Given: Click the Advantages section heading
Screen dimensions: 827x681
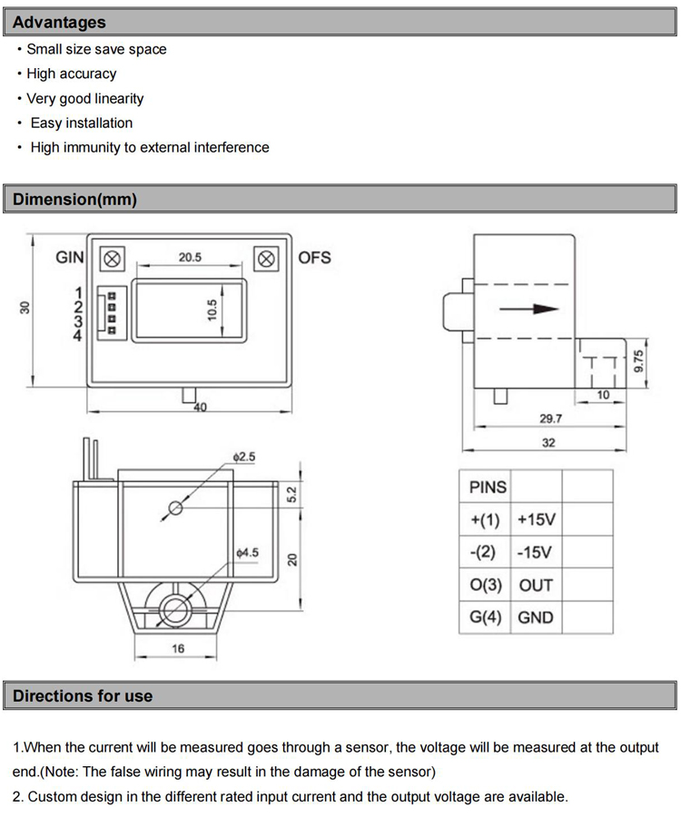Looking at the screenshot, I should click(x=59, y=23).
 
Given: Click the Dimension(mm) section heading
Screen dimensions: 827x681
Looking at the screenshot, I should click(x=74, y=200).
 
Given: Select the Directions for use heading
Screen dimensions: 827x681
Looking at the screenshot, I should click(x=83, y=696).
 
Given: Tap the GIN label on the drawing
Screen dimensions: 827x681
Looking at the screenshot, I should click(x=70, y=258).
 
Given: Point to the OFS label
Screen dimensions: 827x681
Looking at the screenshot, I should click(x=315, y=258).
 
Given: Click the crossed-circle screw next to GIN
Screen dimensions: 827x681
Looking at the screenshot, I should click(x=112, y=258).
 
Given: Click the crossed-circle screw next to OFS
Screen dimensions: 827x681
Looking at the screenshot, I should click(x=267, y=259).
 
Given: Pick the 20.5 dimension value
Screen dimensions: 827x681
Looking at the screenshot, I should click(x=189, y=258).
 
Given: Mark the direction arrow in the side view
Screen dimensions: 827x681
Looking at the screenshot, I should click(x=528, y=309).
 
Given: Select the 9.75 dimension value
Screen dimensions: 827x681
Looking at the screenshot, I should click(x=637, y=362).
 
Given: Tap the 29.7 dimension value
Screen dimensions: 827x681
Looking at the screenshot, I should click(x=551, y=419).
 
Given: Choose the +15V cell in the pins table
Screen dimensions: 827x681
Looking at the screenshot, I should click(x=536, y=520).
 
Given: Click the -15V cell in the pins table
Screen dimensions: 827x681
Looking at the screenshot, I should click(x=536, y=553).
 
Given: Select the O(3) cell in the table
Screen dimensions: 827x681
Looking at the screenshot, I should click(x=486, y=586).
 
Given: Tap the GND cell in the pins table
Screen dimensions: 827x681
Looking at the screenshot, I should click(x=536, y=618).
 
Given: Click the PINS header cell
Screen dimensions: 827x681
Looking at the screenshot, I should click(x=488, y=487).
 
